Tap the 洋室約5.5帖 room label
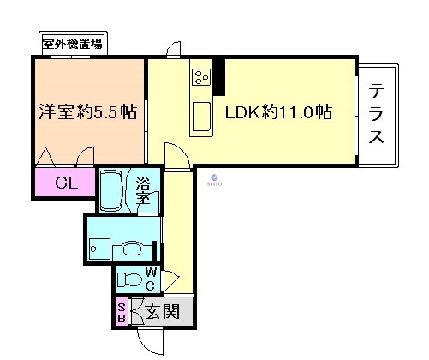tap(88, 112)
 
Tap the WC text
tap(149, 279)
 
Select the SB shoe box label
tap(122, 312)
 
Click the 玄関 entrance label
tap(162, 312)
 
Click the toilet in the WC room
tap(129, 279)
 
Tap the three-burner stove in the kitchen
tap(200, 78)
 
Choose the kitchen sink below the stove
tap(202, 113)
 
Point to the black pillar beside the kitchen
tap(219, 76)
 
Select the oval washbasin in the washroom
tap(132, 249)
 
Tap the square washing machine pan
tap(102, 243)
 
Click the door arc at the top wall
tap(173, 48)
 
